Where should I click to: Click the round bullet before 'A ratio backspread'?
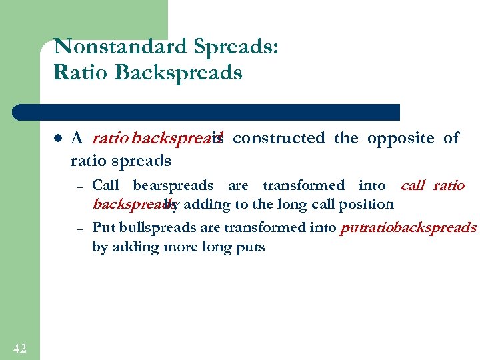point(58,139)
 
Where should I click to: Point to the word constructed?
point(279,138)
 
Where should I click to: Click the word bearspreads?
point(173,185)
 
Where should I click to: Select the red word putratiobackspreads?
point(408,227)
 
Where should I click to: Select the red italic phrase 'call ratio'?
point(432,185)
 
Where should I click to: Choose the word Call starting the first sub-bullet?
point(106,185)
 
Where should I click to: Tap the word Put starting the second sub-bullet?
point(103,227)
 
